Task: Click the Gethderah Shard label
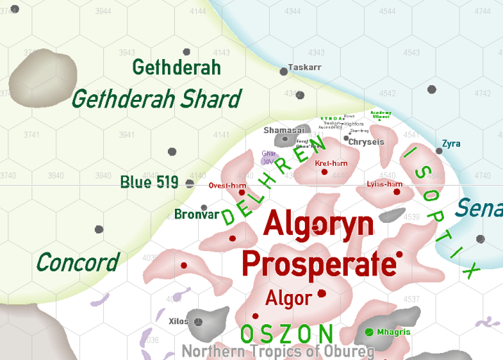(157, 99)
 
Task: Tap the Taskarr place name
(305, 67)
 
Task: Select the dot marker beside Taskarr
(284, 71)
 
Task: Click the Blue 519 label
(149, 182)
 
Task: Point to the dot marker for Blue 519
(190, 184)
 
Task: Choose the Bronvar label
(197, 214)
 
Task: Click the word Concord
(77, 262)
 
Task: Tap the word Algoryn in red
(318, 225)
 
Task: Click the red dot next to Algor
(322, 293)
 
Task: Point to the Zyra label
(452, 144)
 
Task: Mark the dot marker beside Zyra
(439, 150)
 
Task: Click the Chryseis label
(367, 141)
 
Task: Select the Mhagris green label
(393, 332)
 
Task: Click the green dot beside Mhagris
(369, 331)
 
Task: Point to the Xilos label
(178, 321)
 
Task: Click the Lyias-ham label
(384, 184)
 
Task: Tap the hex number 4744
(483, 11)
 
